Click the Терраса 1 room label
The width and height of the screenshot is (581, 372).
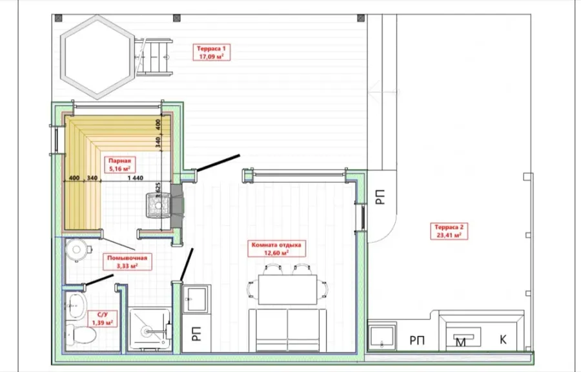212,52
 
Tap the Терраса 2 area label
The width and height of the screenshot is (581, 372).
449,231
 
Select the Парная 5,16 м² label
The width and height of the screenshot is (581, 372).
119,165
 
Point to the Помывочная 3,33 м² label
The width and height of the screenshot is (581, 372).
127,262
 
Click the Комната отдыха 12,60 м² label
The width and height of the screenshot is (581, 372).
276,249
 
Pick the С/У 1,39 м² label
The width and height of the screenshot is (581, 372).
102,318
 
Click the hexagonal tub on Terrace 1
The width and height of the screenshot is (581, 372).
97,57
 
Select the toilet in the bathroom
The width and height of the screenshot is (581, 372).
81,335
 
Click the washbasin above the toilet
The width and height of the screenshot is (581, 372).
77,305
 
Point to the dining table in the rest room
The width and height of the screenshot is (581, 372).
287,289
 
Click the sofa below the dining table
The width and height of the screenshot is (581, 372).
287,331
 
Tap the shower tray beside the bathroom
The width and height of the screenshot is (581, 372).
150,329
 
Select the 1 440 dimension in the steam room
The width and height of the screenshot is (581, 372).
136,178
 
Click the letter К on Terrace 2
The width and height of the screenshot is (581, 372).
503,340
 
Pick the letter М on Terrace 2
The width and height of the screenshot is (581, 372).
460,342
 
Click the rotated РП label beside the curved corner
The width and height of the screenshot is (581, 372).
380,197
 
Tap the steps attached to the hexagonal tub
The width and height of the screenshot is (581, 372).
153,57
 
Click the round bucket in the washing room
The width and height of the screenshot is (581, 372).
77,249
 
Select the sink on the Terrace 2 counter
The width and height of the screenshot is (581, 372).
382,336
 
